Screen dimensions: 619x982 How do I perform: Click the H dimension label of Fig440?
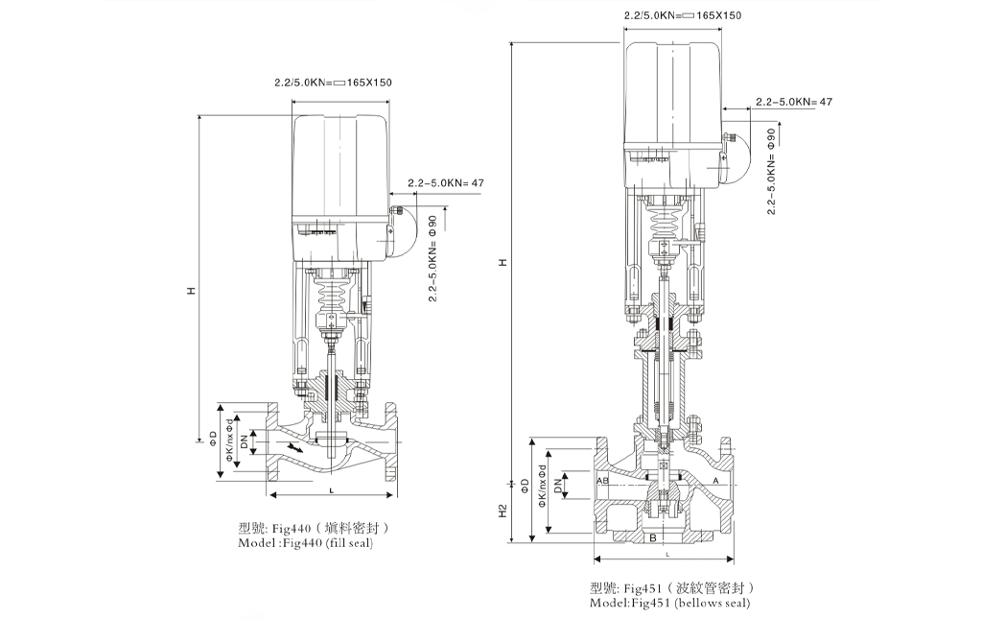pos(191,290)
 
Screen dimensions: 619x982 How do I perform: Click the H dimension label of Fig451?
pos(503,262)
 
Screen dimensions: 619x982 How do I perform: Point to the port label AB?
pos(603,480)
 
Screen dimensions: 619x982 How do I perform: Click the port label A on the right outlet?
pos(715,480)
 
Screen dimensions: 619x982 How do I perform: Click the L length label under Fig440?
pos(331,490)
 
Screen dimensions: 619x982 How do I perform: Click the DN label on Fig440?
pos(246,442)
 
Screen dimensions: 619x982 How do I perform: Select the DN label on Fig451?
pos(557,487)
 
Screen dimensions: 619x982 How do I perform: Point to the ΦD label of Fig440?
pos(213,440)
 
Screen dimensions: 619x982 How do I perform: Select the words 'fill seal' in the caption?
pos(347,543)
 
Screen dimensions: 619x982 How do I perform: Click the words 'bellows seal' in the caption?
pos(713,603)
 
